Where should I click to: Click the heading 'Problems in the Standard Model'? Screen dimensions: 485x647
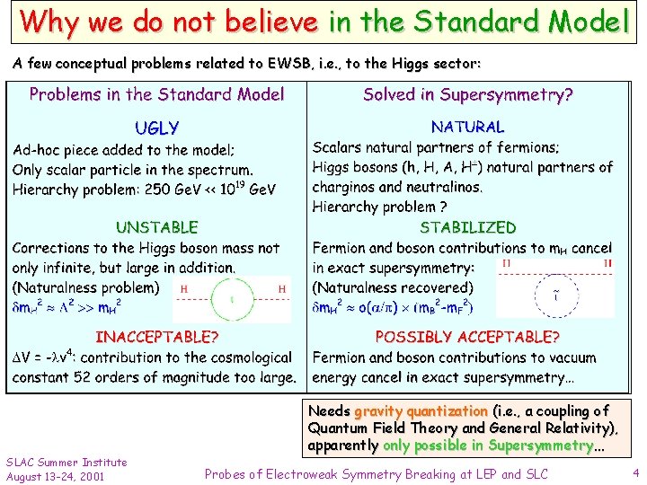[x=157, y=94]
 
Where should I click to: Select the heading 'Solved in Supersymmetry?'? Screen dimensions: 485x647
[x=468, y=94]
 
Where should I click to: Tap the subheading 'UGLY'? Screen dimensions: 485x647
[x=156, y=128]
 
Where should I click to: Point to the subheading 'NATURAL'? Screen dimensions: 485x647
[x=467, y=128]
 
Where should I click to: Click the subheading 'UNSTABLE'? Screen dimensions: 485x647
[x=156, y=228]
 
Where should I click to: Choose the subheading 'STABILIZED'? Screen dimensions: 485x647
[x=468, y=228]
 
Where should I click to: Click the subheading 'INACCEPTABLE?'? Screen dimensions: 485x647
[x=156, y=338]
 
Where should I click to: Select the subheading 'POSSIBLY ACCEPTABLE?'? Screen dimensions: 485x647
[x=467, y=338]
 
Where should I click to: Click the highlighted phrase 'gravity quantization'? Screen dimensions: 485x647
[x=421, y=411]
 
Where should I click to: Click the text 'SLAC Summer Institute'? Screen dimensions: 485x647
[x=66, y=463]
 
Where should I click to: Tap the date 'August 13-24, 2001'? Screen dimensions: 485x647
[x=55, y=476]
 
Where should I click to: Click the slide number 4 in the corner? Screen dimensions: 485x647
[x=635, y=472]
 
